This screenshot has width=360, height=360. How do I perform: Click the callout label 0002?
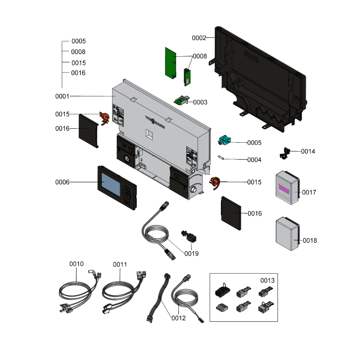[x=199, y=38]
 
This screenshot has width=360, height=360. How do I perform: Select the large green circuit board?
[x=171, y=62]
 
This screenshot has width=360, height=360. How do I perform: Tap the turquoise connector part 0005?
[x=225, y=141]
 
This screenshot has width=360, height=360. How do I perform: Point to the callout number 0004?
[x=254, y=160]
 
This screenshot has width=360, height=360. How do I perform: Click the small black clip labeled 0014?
[x=285, y=153]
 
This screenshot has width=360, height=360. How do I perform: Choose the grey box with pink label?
[x=287, y=188]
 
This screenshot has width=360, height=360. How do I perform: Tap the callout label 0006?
[x=63, y=182]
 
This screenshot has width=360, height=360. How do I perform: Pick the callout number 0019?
[x=191, y=254]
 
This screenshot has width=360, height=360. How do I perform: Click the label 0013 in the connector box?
[x=267, y=280]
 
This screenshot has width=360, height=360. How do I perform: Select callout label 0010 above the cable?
[x=76, y=264]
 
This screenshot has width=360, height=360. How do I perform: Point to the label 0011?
[x=120, y=264]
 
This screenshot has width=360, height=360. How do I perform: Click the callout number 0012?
[x=179, y=318]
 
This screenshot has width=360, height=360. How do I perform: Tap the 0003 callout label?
[x=200, y=102]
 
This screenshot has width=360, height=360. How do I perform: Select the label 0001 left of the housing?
[x=63, y=96]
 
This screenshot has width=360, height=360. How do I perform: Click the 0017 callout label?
[x=309, y=193]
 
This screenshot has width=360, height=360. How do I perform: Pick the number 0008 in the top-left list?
[x=78, y=52]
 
